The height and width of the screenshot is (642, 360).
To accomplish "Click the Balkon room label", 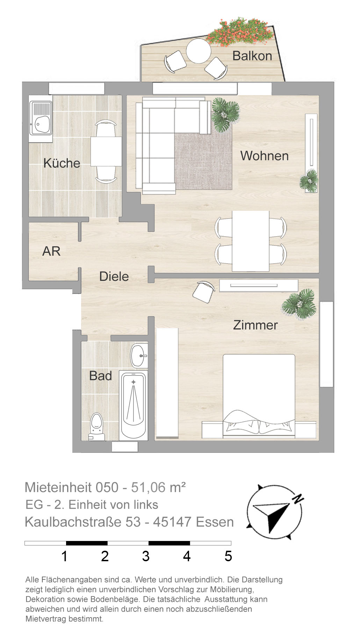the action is click(x=252, y=56).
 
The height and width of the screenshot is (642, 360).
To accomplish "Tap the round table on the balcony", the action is click(x=199, y=51).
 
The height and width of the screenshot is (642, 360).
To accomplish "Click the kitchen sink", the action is click(x=41, y=118).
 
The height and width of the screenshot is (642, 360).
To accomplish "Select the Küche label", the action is click(x=62, y=163).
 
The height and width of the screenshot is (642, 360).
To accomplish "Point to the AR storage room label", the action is click(x=51, y=251).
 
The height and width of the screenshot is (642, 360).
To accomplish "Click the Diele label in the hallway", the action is click(x=114, y=276).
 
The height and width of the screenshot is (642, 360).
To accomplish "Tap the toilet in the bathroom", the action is click(x=96, y=427).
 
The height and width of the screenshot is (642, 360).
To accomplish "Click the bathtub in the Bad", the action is click(x=133, y=406).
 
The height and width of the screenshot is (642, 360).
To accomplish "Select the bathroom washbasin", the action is click(x=139, y=356).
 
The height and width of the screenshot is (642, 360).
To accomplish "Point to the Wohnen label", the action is click(x=265, y=156).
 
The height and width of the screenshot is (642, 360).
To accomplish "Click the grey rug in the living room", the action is click(x=204, y=161).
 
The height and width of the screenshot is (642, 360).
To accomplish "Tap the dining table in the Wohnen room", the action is click(x=251, y=241).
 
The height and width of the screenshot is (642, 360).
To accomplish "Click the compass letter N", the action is click(x=298, y=499).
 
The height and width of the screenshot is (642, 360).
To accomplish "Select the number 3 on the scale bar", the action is click(x=146, y=556).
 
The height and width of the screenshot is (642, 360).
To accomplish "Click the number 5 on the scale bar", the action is click(x=228, y=556).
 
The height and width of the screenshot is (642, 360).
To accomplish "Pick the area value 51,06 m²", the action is click(x=158, y=487).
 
